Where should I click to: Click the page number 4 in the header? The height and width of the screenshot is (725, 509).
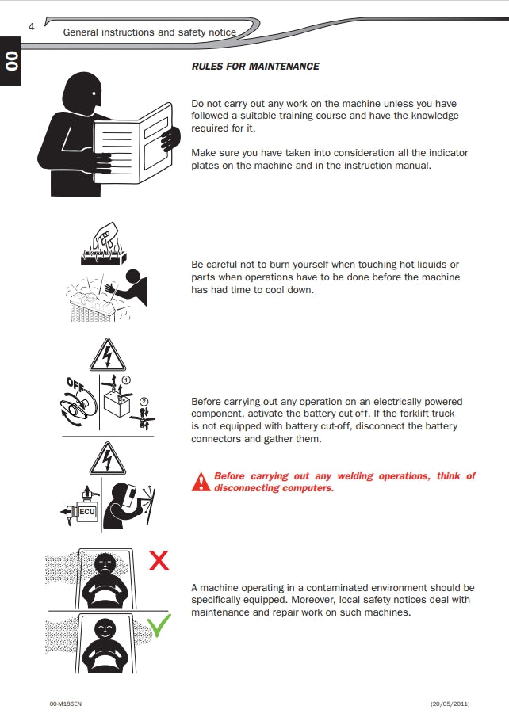(x=31, y=27)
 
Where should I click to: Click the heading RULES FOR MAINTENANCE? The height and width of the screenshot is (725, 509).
(x=255, y=67)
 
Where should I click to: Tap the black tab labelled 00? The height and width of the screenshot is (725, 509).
(x=10, y=61)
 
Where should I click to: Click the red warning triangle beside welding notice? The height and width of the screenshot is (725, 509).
(x=201, y=482)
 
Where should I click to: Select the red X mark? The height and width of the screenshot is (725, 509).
(x=159, y=560)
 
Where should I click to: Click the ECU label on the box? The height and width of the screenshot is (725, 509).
(x=87, y=512)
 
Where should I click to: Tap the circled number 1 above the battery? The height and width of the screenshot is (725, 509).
(x=126, y=380)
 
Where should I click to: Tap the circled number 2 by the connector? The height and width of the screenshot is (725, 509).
(x=144, y=402)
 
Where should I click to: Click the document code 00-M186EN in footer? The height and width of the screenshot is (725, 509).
(x=65, y=704)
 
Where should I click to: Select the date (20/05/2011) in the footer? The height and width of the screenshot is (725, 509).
(x=450, y=704)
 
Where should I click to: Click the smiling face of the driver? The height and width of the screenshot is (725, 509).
(x=105, y=629)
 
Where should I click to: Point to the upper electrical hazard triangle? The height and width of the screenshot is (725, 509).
(x=108, y=356)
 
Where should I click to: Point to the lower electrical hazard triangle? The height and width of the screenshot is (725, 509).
(x=108, y=459)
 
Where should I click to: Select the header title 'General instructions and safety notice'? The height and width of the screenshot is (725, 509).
(x=150, y=32)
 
